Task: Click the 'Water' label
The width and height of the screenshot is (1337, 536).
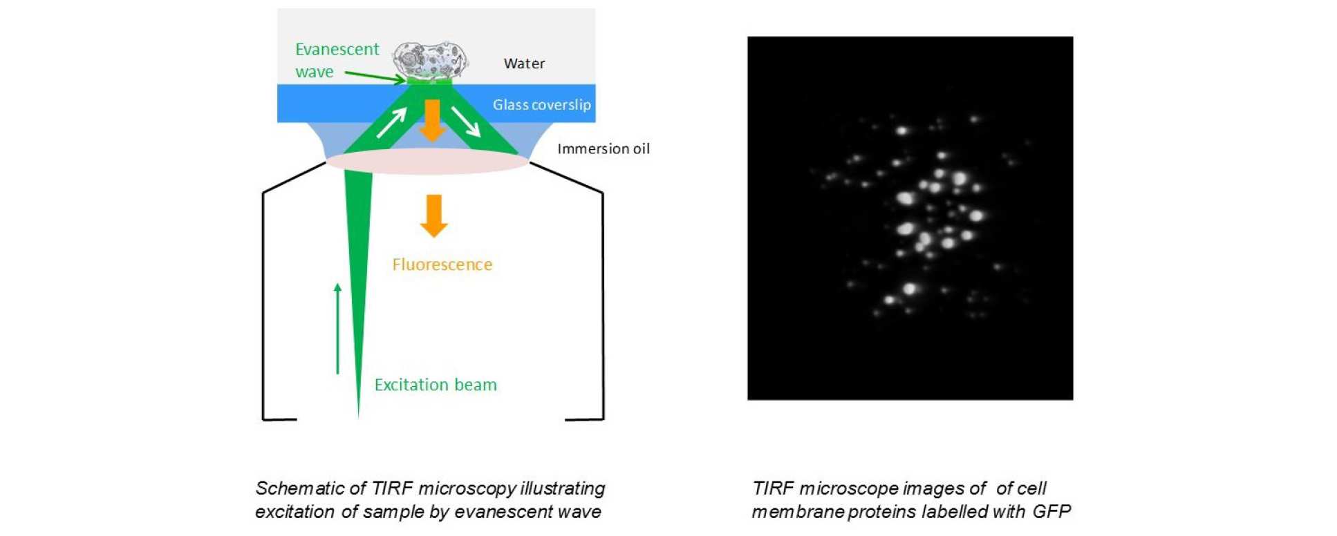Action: pyautogui.click(x=524, y=64)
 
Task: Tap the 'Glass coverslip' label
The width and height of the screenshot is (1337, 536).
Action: pyautogui.click(x=541, y=105)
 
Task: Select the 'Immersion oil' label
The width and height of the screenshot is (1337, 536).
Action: pyautogui.click(x=604, y=149)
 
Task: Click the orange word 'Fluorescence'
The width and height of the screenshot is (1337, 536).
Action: pyautogui.click(x=442, y=265)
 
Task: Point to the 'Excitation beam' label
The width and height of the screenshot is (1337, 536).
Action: pyautogui.click(x=436, y=385)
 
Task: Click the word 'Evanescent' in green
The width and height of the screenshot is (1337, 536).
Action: pyautogui.click(x=337, y=49)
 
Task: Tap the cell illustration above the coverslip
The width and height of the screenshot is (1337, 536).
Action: pyautogui.click(x=431, y=60)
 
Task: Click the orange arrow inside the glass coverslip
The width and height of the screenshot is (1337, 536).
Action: pyautogui.click(x=432, y=119)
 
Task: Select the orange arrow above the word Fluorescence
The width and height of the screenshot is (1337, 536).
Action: pyautogui.click(x=433, y=216)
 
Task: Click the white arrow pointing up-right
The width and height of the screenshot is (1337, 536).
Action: pyautogui.click(x=391, y=122)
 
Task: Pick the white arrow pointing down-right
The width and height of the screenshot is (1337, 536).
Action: pyautogui.click(x=466, y=122)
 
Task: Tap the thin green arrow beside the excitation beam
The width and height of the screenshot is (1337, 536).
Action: pyautogui.click(x=337, y=328)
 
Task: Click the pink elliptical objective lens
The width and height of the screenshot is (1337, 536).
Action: pyautogui.click(x=427, y=161)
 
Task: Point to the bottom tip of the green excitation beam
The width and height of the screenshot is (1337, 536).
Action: pyautogui.click(x=358, y=414)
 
